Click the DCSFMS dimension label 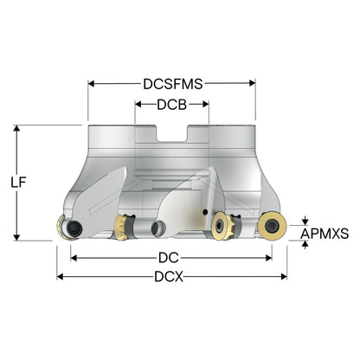pos(173,84)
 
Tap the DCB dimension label pos(172,105)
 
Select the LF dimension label pos(18,183)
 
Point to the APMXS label pos(325,234)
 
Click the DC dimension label pos(169,258)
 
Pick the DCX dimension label pos(169,277)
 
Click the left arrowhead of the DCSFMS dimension pos(91,84)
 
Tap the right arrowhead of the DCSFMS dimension pos(253,83)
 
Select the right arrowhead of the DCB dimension pos(206,104)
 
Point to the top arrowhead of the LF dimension pos(16,128)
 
